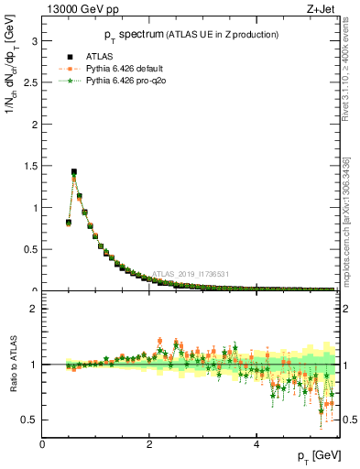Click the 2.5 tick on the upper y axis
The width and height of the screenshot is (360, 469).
[x=30, y=83]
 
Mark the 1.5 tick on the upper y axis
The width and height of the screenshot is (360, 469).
[x=30, y=167]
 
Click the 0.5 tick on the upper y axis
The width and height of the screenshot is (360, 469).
[x=30, y=250]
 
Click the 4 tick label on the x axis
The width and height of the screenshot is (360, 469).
[x=256, y=445]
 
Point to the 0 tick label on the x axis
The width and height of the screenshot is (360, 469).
[x=43, y=445]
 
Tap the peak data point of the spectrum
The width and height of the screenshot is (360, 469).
[x=74, y=171]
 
